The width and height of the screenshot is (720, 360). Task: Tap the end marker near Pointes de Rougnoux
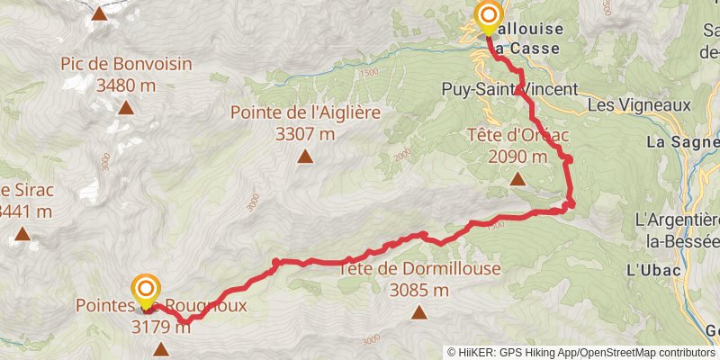tap(146, 290)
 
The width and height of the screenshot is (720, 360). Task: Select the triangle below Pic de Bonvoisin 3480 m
tap(125, 108)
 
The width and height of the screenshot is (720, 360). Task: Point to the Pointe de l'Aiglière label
tap(305, 113)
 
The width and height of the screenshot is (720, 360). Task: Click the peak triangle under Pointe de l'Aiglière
tap(305, 157)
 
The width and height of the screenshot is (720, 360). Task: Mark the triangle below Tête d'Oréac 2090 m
tap(517, 179)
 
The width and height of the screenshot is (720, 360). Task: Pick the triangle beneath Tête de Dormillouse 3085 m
tap(418, 312)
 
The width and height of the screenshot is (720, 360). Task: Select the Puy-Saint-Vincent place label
tap(508, 89)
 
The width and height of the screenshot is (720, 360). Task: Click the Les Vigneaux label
tap(638, 105)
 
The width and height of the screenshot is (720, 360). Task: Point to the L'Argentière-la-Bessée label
tap(677, 229)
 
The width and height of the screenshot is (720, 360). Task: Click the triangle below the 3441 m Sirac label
tap(22, 236)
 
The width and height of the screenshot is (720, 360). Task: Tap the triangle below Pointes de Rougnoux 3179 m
tap(161, 348)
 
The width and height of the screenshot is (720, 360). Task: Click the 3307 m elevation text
tap(306, 133)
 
